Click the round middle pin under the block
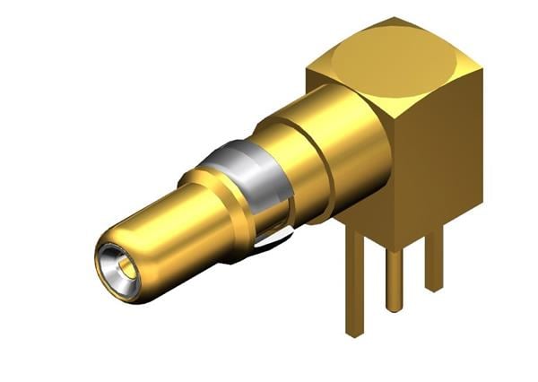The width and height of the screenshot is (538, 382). [395, 278]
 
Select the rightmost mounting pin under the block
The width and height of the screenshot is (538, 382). [434, 260]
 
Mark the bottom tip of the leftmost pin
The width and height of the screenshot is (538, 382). [357, 333]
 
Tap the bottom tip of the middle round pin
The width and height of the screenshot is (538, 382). [395, 308]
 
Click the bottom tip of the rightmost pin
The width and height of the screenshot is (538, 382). [434, 287]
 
